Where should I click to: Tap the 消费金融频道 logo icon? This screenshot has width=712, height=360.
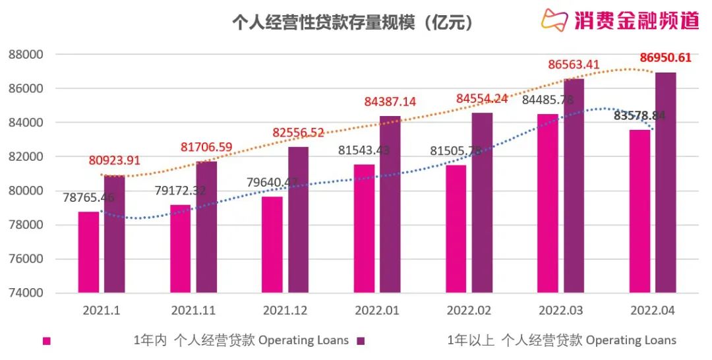[554, 20]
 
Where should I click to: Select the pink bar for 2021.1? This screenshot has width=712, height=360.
[88, 252]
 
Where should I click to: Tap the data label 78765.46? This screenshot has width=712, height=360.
[89, 197]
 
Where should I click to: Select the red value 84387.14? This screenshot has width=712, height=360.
[390, 102]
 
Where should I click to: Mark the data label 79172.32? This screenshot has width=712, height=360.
[181, 191]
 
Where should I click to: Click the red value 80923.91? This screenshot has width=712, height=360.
[115, 160]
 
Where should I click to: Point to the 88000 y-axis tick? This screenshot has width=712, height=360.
[24, 54]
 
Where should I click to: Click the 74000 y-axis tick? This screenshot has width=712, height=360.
[24, 293]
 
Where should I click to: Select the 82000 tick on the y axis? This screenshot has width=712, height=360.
[24, 156]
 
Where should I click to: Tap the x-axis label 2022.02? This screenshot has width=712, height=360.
[469, 310]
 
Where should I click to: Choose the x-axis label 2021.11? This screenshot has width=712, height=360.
[193, 310]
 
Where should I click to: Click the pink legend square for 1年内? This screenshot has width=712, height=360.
[46, 341]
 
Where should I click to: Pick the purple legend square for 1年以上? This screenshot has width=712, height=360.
[361, 341]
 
